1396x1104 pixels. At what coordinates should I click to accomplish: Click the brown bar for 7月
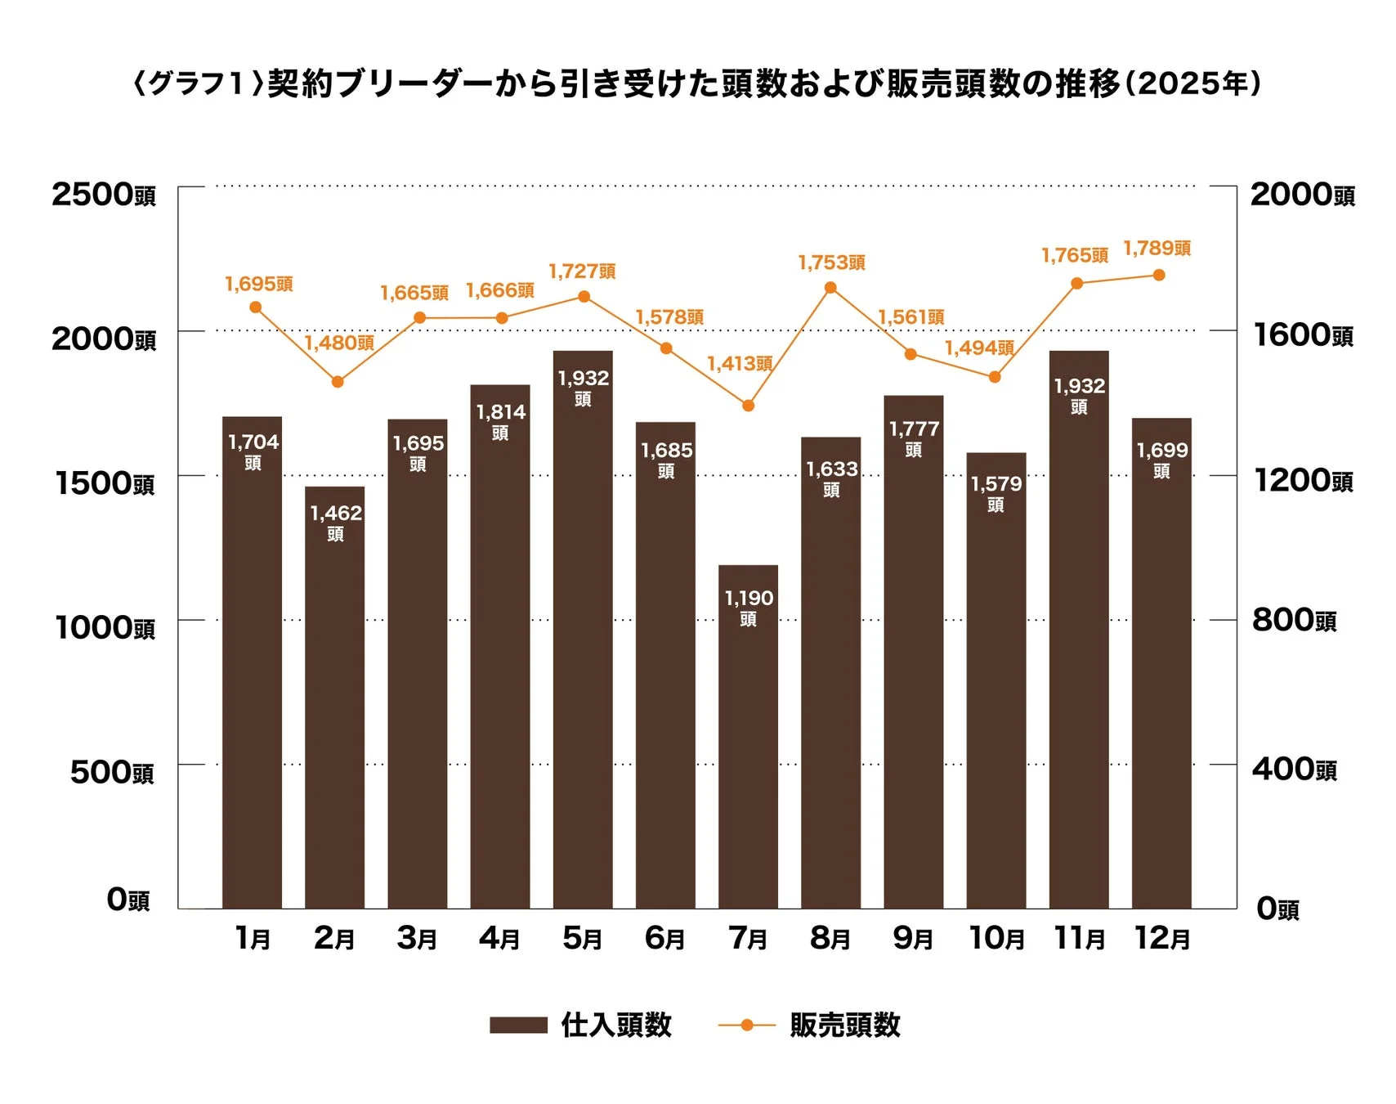(748, 736)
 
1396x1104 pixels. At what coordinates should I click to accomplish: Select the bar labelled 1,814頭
(500, 654)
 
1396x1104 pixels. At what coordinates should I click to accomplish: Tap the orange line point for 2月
(338, 382)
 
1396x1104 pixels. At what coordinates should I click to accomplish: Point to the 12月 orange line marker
(1159, 276)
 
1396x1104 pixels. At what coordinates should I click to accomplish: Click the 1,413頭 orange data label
(739, 363)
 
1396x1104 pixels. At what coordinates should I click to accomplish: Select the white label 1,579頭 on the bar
(996, 492)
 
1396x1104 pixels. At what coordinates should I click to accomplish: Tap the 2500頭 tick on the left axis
(103, 195)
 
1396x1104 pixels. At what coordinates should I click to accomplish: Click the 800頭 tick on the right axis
(1294, 621)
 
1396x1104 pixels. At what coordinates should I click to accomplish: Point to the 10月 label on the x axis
(996, 938)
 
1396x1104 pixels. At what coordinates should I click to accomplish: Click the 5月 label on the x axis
(582, 938)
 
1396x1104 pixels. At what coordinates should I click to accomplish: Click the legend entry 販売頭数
(844, 1025)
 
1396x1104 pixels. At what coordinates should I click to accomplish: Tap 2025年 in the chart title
(1192, 83)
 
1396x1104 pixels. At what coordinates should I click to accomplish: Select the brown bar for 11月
(1079, 654)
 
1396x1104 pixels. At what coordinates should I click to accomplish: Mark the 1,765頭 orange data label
(1074, 256)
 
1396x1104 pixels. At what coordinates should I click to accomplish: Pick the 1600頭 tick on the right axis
(1302, 335)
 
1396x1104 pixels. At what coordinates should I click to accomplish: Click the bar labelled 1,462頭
(335, 695)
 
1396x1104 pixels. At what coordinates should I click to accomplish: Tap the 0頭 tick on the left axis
(128, 900)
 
